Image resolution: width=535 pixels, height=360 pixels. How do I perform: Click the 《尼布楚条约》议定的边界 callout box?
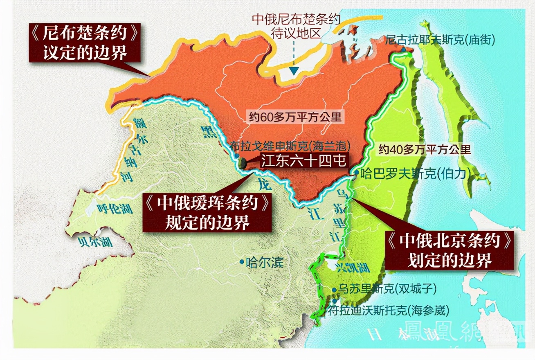[x=84, y=42]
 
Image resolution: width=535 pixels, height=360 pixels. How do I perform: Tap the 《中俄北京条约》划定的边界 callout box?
[x=450, y=251]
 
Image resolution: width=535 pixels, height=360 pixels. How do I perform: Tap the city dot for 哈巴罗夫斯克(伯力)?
[x=356, y=173]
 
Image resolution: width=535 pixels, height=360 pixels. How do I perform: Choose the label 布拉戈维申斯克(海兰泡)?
[x=291, y=146]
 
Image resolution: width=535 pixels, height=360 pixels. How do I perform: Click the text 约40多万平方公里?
[x=425, y=149]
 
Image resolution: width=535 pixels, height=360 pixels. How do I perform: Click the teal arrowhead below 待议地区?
[x=294, y=70]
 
